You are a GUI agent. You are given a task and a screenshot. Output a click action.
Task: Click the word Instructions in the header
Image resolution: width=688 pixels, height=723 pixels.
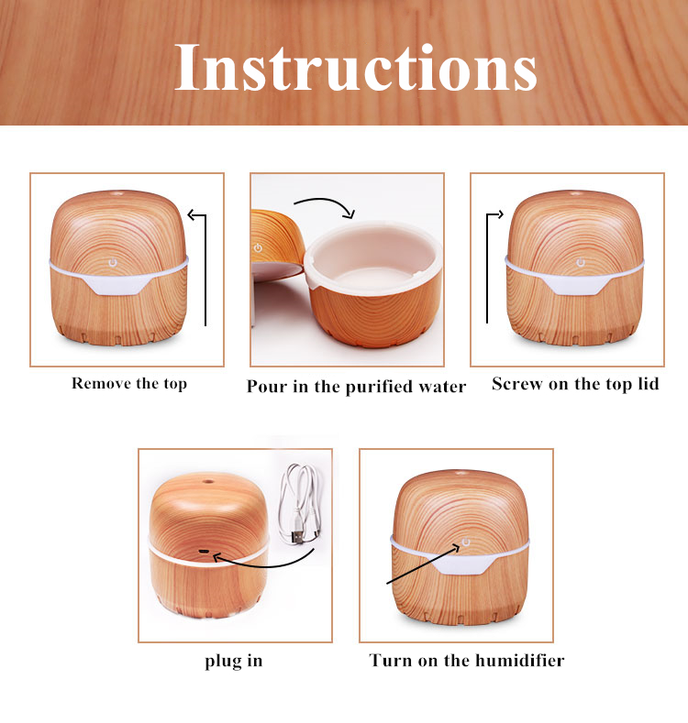[356, 67]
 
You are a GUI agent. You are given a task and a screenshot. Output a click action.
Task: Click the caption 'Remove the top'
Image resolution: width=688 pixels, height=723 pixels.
[129, 384]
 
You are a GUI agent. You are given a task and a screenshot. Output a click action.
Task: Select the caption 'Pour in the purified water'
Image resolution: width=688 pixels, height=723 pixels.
[356, 387]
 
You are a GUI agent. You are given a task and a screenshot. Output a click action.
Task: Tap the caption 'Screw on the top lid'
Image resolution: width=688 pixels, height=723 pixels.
[575, 384]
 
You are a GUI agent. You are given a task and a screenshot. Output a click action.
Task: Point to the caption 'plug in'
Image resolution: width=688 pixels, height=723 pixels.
[234, 661]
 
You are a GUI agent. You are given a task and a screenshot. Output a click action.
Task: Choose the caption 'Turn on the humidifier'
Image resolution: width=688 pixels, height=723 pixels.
[466, 661]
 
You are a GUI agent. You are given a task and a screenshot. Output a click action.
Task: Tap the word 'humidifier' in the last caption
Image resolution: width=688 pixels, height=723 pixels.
[520, 661]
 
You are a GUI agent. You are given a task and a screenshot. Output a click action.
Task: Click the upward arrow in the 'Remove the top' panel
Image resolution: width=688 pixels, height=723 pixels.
[205, 269]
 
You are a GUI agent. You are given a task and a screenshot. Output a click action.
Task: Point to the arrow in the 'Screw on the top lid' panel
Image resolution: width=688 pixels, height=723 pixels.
[487, 268]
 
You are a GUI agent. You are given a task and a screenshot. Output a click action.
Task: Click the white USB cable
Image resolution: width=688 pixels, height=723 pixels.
[299, 503]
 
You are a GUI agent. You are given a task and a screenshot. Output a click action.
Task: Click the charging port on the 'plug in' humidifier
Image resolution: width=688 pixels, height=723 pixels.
[203, 551]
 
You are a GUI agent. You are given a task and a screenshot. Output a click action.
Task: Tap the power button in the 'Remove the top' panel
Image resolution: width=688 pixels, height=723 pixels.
[112, 263]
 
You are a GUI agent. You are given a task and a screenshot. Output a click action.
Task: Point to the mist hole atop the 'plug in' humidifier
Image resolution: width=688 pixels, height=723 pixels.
[208, 482]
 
